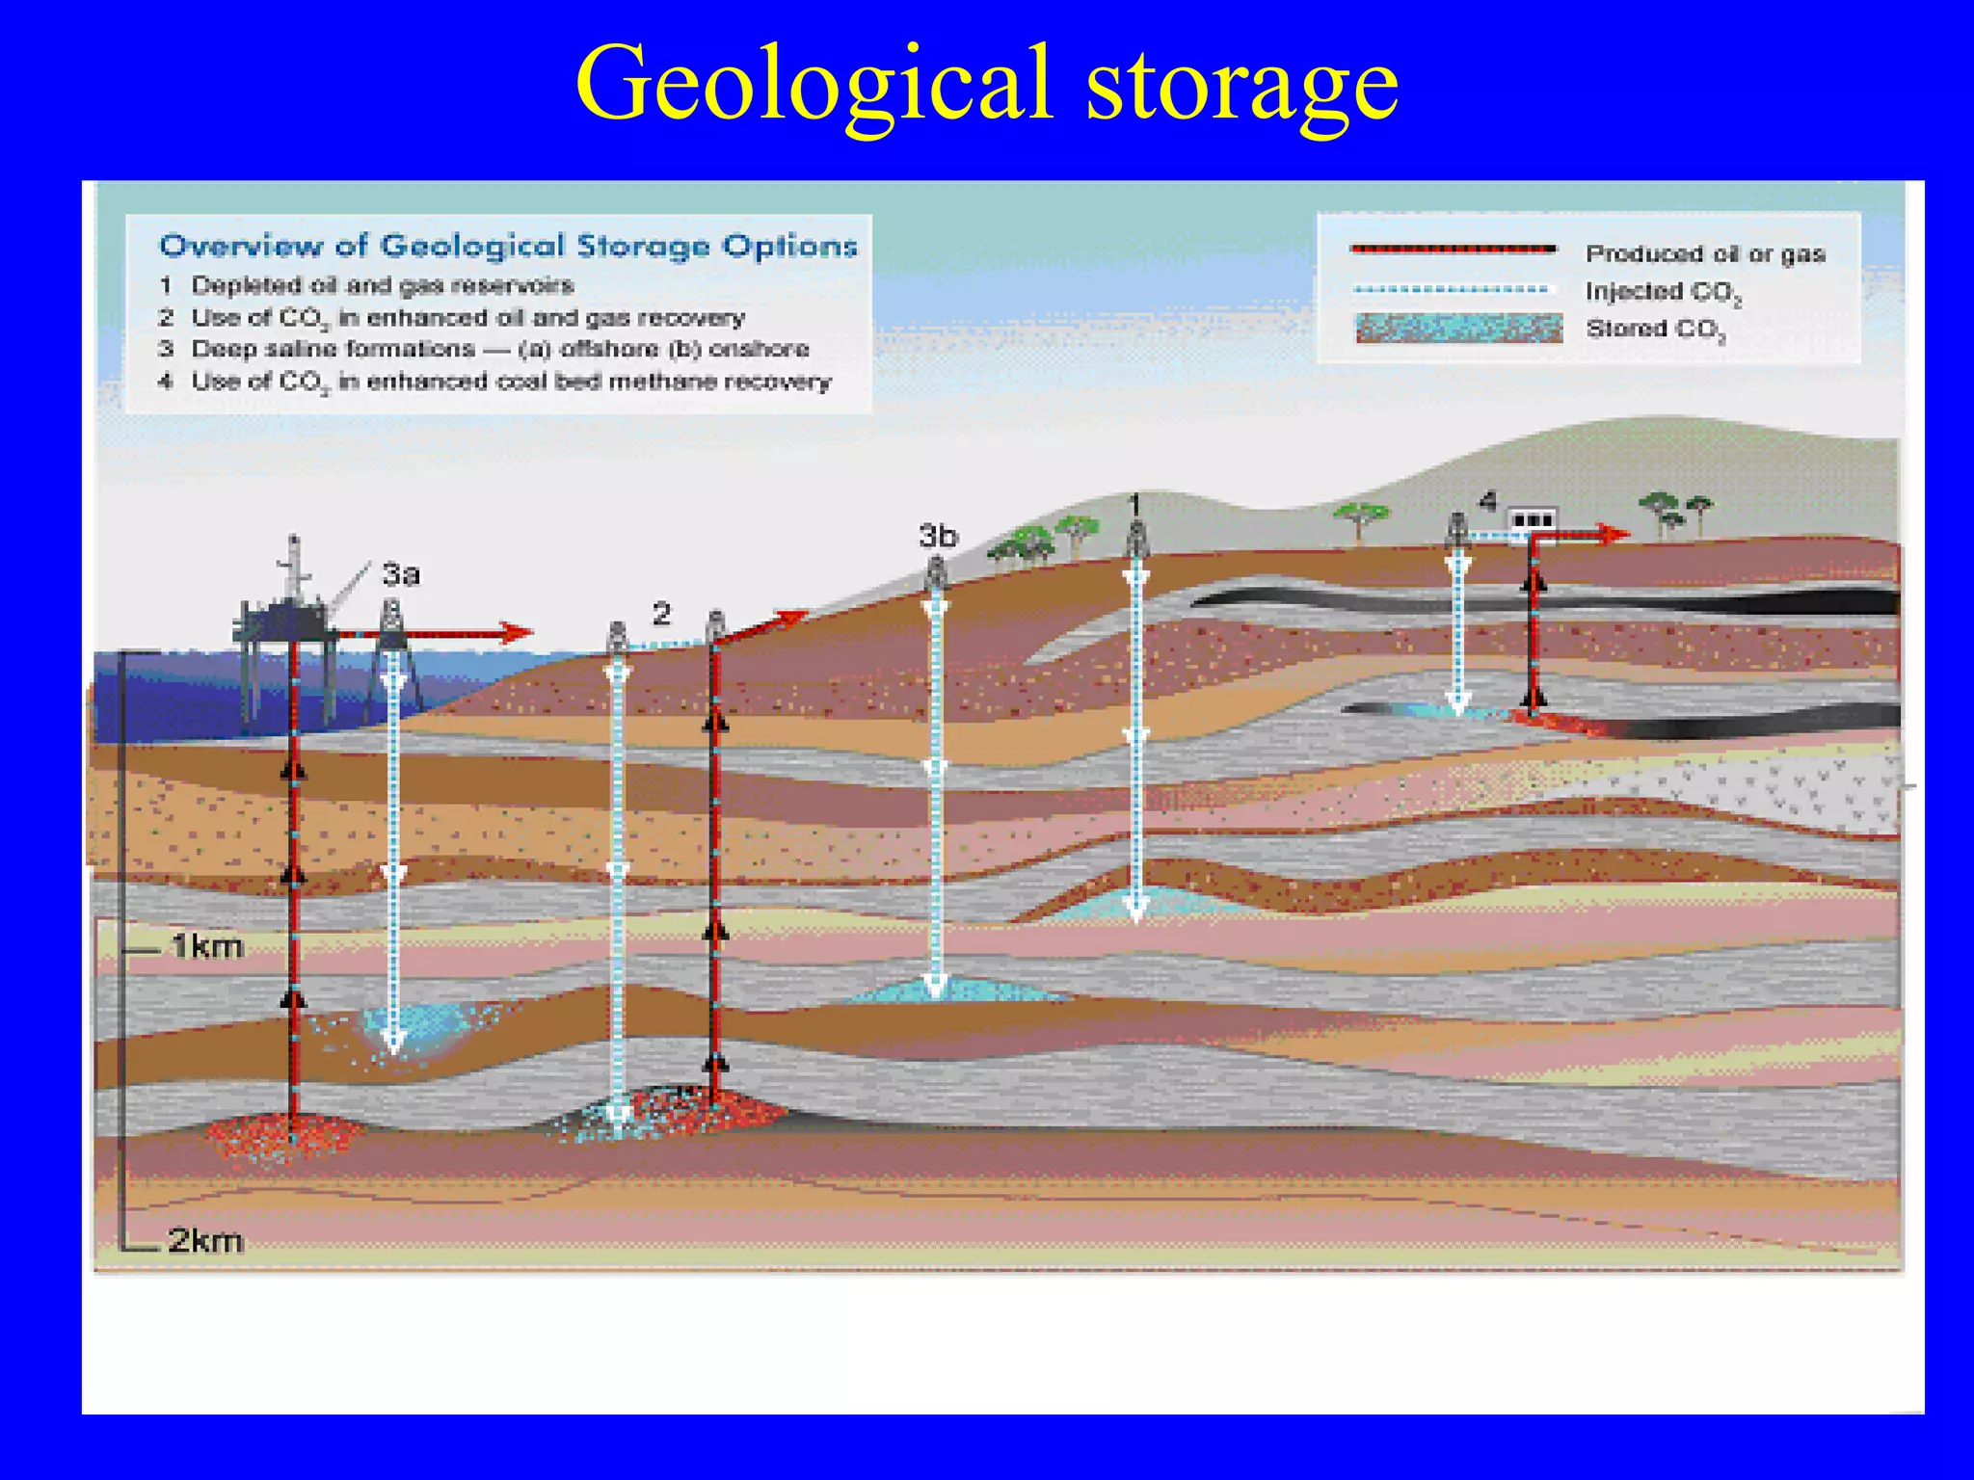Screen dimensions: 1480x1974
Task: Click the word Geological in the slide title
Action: [x=814, y=85]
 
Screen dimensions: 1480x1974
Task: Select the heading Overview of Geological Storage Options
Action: [x=508, y=247]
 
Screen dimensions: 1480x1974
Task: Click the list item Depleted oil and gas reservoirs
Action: [x=382, y=285]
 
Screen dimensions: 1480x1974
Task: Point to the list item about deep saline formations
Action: [x=499, y=349]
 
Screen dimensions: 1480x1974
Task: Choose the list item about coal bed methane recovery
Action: [x=510, y=382]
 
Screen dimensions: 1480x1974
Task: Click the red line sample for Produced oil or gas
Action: [x=1454, y=250]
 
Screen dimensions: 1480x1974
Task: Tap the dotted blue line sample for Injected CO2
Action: [x=1451, y=289]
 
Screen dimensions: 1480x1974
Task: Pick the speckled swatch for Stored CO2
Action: [x=1458, y=329]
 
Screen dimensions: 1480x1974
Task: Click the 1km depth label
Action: [x=206, y=946]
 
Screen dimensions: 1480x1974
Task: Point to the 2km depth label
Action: [x=205, y=1240]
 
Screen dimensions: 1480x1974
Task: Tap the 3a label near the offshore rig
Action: [x=401, y=574]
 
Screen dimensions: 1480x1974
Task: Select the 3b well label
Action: [x=938, y=536]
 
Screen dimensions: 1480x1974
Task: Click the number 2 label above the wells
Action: [x=661, y=614]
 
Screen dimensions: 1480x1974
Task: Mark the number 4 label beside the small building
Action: [x=1488, y=502]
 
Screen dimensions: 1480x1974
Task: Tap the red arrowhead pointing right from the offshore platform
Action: [x=518, y=633]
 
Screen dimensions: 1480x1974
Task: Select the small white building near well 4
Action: [x=1532, y=521]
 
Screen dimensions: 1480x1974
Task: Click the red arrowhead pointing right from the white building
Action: [x=1616, y=533]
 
